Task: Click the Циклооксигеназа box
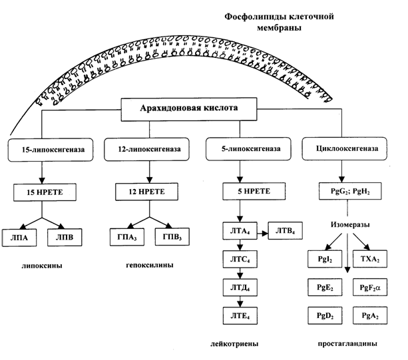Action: click(341, 150)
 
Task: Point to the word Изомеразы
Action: click(348, 226)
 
